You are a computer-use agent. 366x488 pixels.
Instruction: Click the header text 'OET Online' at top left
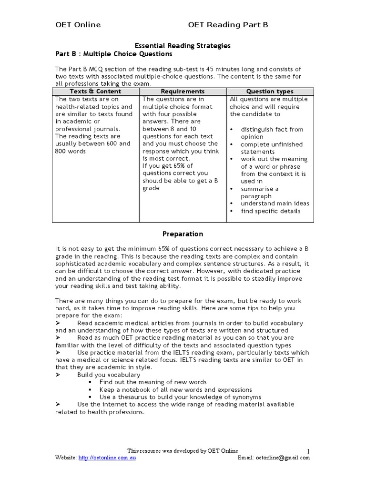pyautogui.click(x=78, y=25)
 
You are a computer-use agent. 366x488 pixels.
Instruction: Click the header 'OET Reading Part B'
pyautogui.click(x=228, y=25)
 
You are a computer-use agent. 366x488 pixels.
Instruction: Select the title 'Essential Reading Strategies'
pyautogui.click(x=183, y=46)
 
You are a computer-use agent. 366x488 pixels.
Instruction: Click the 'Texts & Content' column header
pyautogui.click(x=95, y=91)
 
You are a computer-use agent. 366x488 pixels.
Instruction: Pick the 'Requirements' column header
pyautogui.click(x=183, y=91)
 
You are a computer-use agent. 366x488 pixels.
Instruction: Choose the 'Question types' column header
pyautogui.click(x=270, y=91)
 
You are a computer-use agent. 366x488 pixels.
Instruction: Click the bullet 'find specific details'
pyautogui.click(x=271, y=211)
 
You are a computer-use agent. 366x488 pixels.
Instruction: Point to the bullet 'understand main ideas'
pyautogui.click(x=275, y=203)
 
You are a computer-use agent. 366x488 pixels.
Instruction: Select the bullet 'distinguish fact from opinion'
pyautogui.click(x=272, y=133)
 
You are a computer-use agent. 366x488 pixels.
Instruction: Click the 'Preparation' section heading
pyautogui.click(x=183, y=234)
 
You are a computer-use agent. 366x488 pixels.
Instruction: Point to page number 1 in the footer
pyautogui.click(x=308, y=451)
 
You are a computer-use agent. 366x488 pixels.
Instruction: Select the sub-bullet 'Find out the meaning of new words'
pyautogui.click(x=153, y=382)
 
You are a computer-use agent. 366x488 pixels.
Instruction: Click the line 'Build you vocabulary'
pyautogui.click(x=109, y=375)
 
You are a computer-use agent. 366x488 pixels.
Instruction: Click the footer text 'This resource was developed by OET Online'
pyautogui.click(x=183, y=451)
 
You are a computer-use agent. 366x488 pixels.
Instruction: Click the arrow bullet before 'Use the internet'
pyautogui.click(x=57, y=404)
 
